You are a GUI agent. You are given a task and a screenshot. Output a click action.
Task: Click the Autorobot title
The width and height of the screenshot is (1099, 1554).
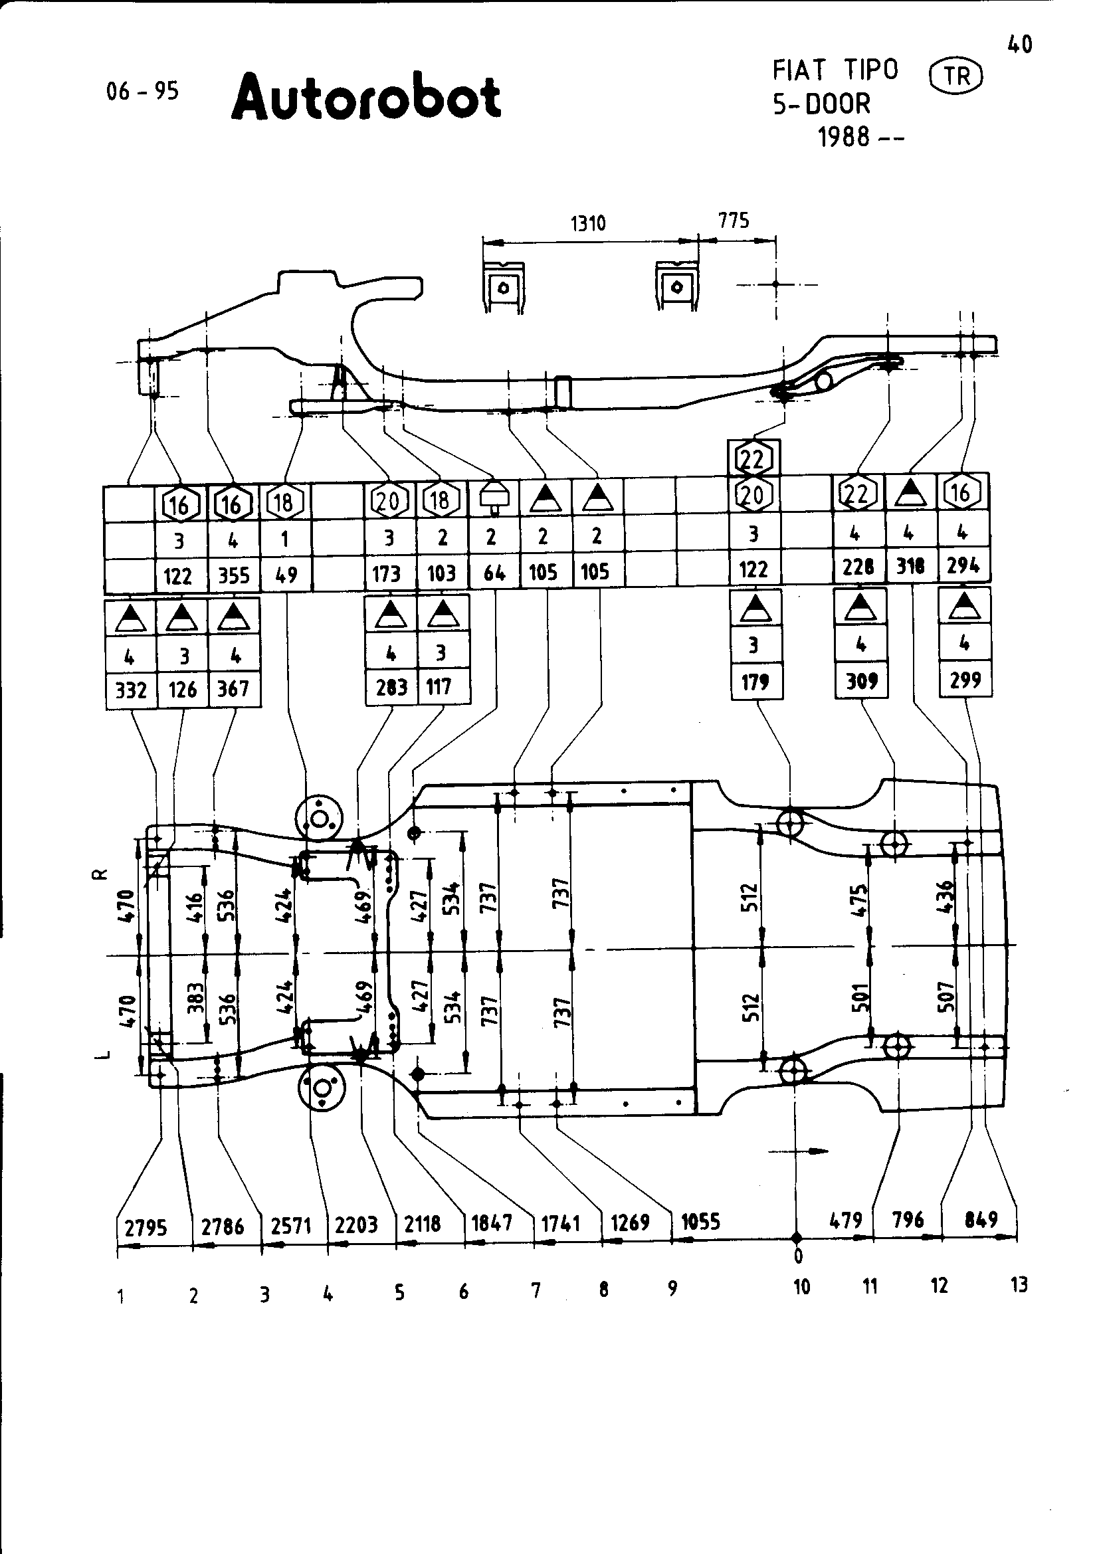coord(366,99)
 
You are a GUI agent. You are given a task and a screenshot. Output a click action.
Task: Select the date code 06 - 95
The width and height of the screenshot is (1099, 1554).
coord(142,91)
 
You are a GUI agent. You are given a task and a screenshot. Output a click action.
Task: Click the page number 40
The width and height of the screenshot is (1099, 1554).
coord(1019,45)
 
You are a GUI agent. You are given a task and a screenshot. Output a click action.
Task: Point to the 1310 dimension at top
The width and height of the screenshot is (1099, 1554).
coord(587,223)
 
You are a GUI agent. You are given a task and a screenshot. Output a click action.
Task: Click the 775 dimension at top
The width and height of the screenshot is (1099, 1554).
coord(734,220)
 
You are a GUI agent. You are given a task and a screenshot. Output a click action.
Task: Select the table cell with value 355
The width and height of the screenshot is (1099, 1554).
coord(233,575)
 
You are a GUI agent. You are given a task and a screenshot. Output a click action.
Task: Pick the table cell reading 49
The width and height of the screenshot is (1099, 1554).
coord(286,575)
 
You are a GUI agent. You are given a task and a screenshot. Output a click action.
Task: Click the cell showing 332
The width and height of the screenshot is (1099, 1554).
coord(132,690)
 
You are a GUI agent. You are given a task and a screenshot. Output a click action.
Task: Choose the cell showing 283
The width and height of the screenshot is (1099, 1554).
coord(391,688)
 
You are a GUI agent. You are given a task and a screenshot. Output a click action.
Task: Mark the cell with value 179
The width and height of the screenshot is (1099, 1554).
coord(755,682)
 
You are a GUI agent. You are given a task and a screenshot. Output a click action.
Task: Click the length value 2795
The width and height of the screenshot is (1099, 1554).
coord(146,1227)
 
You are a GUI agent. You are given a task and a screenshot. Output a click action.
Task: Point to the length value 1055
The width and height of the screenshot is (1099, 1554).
coord(700,1222)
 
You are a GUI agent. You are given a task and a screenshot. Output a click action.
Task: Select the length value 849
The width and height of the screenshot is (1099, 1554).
coord(981,1220)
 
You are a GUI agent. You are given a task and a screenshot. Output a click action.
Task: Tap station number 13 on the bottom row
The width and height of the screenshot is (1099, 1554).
coord(1019,1285)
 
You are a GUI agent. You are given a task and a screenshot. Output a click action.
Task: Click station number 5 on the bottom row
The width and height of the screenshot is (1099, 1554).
coord(399,1293)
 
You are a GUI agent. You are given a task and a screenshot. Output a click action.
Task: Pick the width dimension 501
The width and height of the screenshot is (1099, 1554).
coord(860,997)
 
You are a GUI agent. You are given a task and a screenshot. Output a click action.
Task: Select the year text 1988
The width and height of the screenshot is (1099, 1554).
coord(844,138)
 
